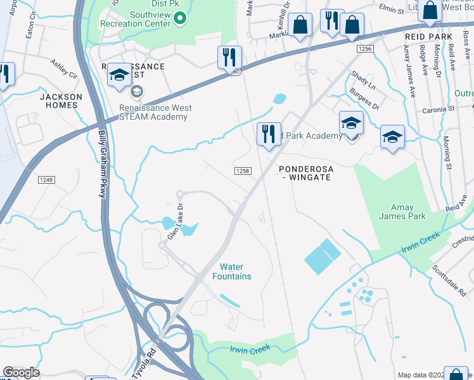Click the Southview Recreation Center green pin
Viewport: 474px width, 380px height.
(179, 18)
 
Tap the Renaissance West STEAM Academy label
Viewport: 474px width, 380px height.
(155, 112)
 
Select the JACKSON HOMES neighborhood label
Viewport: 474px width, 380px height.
(61, 101)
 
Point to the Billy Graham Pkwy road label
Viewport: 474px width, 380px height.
(101, 165)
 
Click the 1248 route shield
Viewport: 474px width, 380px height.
(46, 180)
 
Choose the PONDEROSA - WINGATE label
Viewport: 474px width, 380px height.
(306, 173)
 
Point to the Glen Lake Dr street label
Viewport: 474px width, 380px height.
(175, 221)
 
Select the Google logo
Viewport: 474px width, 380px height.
(22, 372)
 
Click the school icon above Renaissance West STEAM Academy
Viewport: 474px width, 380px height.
(118, 75)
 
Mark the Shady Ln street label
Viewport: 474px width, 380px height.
(363, 80)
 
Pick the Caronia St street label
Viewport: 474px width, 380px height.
(439, 109)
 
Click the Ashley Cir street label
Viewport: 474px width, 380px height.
(63, 68)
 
